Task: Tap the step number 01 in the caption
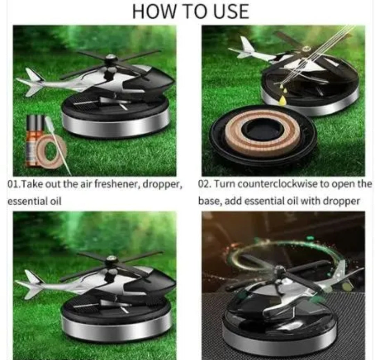click(12, 184)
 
